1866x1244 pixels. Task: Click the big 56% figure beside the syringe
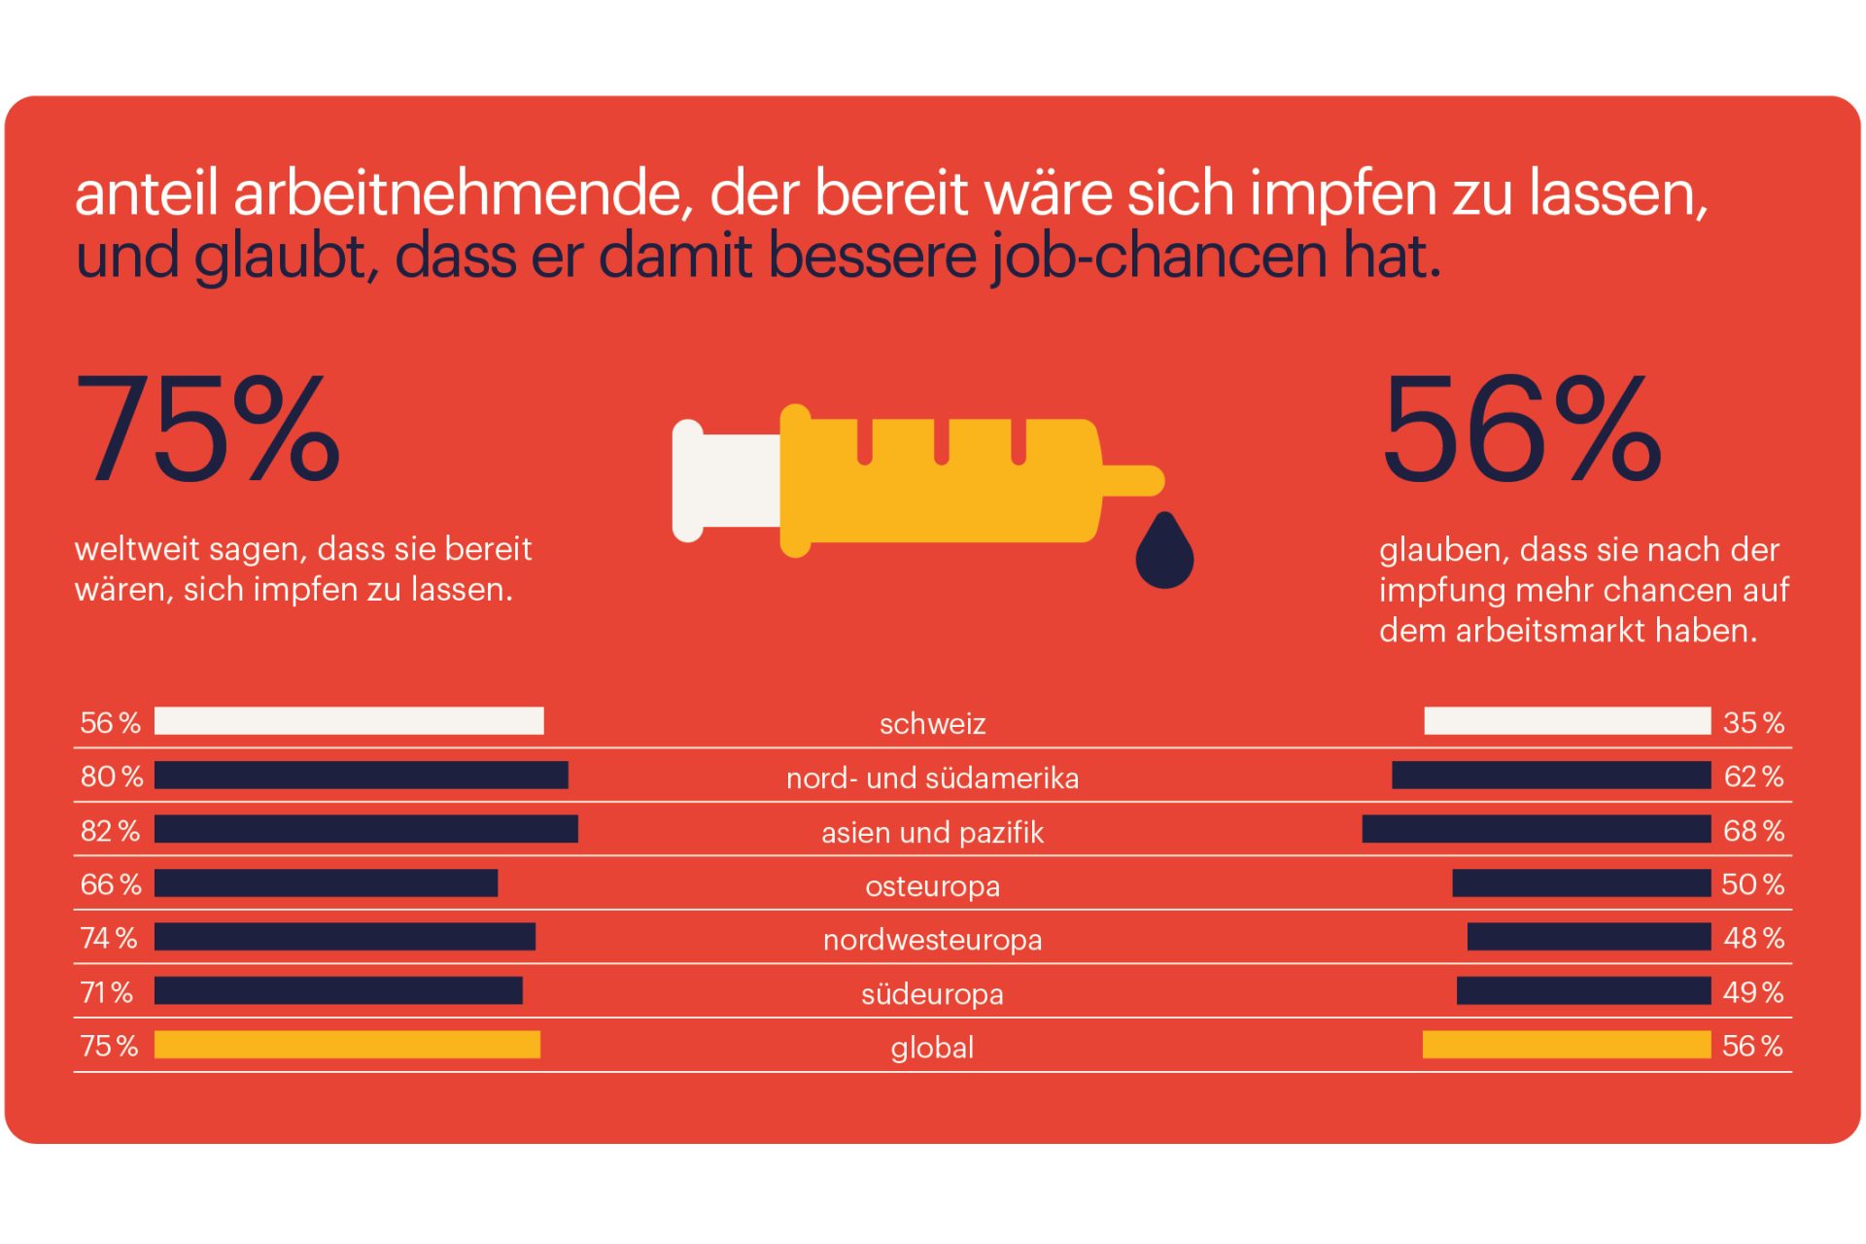[1521, 429]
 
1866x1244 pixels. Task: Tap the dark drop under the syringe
[1164, 554]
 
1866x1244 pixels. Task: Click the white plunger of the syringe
[724, 480]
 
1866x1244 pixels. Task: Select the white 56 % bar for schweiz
[349, 721]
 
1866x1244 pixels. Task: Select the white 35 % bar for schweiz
[1567, 721]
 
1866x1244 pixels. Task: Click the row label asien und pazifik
[932, 833]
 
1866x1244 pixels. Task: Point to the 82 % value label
[110, 831]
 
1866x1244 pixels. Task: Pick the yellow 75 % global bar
[347, 1045]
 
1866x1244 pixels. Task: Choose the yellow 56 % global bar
[1566, 1045]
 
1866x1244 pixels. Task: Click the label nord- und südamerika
[932, 778]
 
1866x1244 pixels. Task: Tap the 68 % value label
[1753, 831]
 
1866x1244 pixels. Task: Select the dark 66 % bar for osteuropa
[326, 883]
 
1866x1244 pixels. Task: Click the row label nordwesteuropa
[932, 940]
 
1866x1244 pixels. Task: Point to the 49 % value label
[1753, 992]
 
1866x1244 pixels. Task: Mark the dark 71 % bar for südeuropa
[338, 990]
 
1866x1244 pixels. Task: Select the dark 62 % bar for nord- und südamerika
[1550, 776]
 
